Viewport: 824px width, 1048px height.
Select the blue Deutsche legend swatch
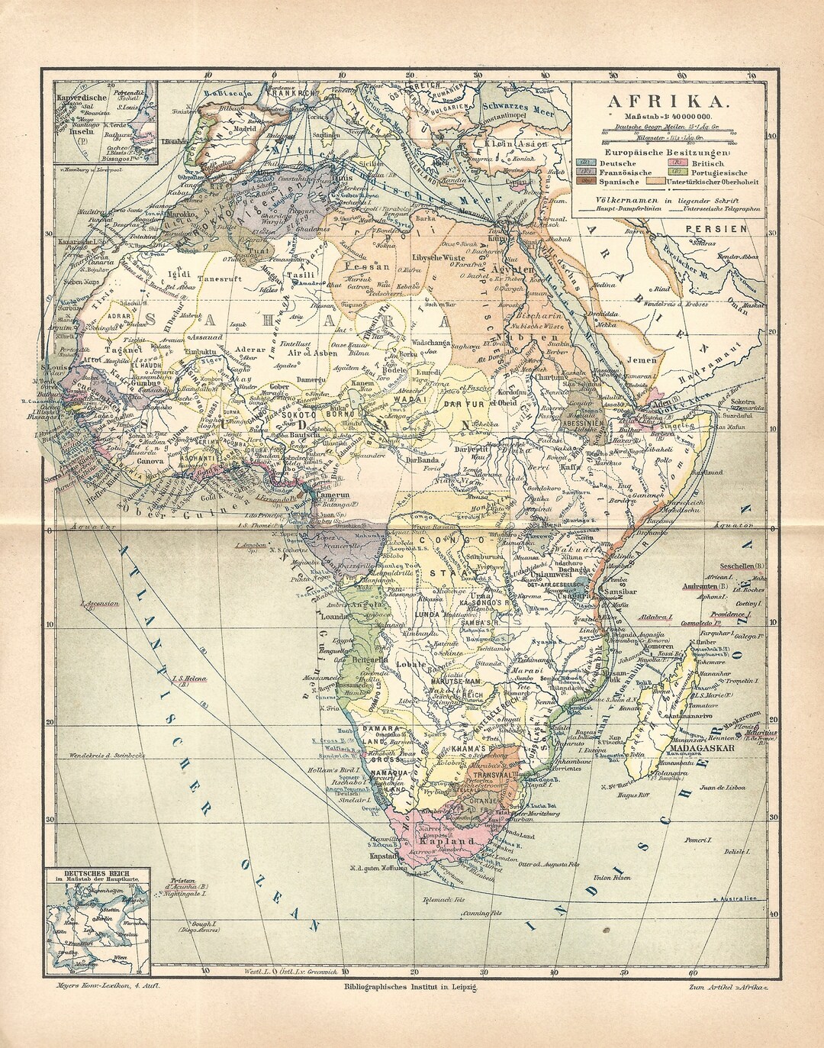[x=586, y=163]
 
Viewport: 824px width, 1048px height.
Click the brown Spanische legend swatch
[x=586, y=182]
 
